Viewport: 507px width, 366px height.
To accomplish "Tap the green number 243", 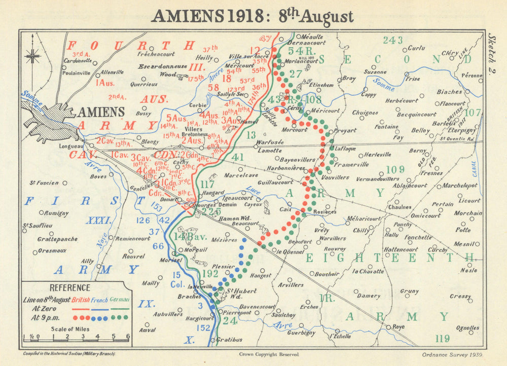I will [393, 41].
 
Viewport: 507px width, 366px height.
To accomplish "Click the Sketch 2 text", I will [491, 55].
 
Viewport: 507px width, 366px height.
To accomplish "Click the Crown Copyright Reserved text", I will [268, 354].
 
